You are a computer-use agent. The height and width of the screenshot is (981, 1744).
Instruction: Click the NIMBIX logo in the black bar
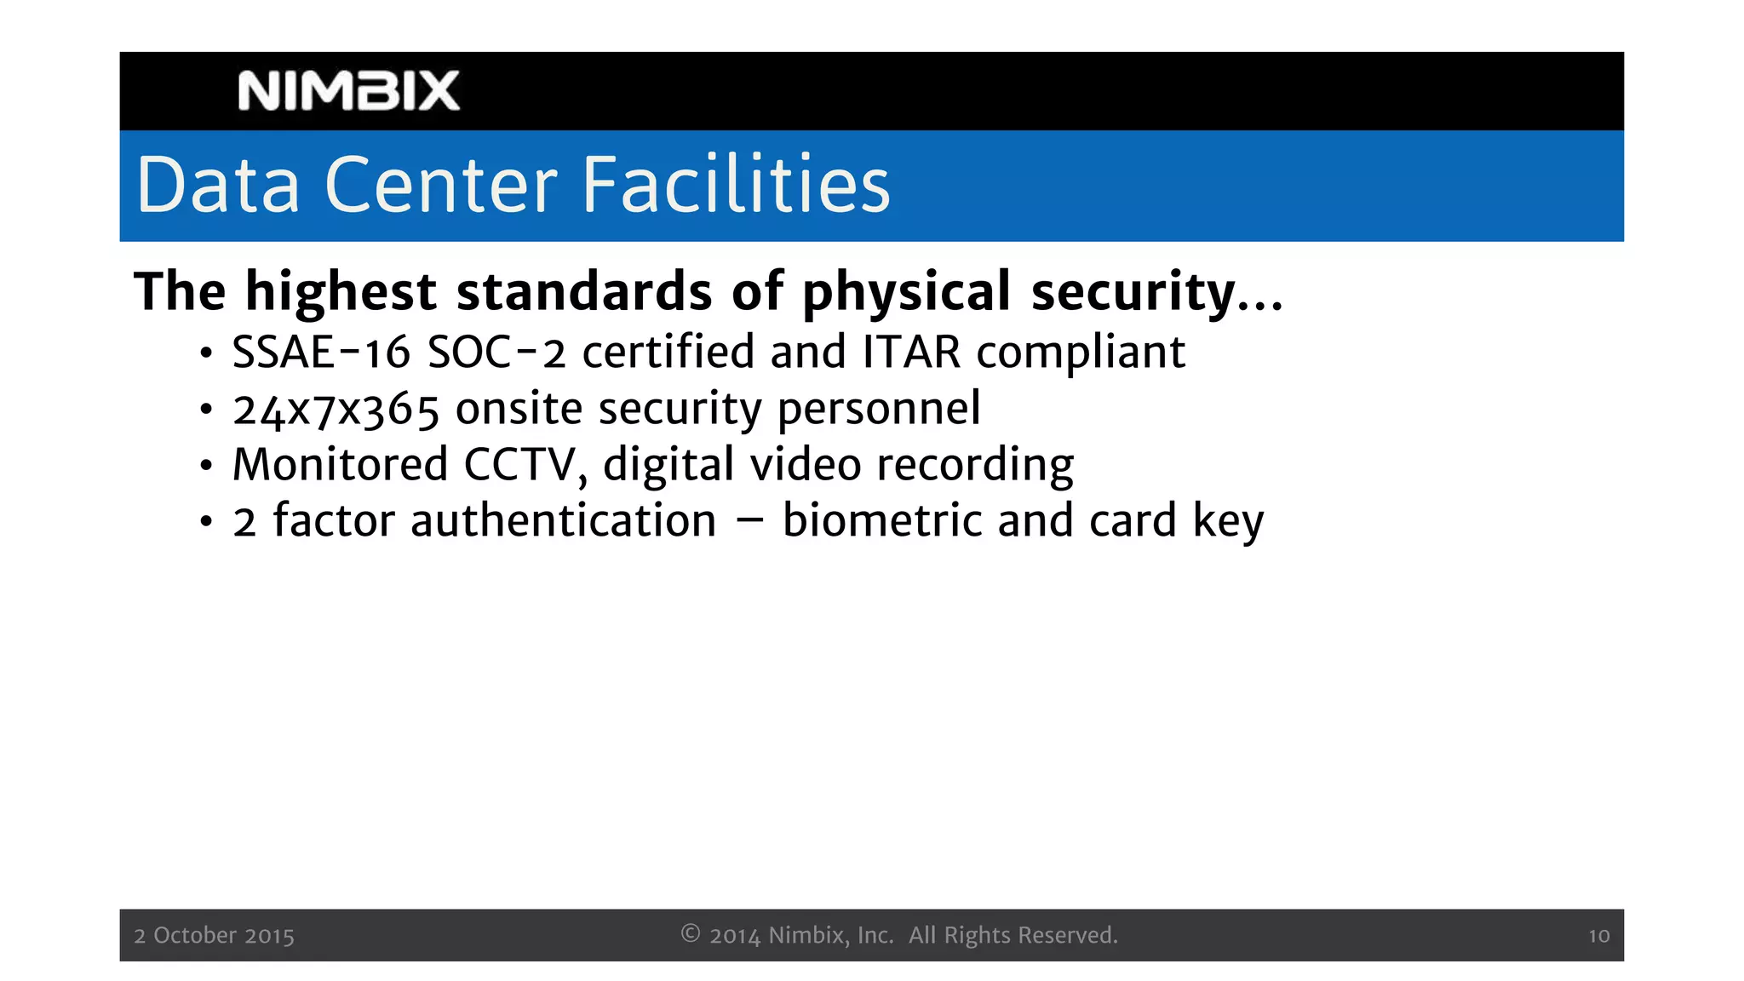[x=348, y=91]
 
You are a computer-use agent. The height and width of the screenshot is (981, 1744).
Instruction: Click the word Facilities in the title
[x=736, y=185]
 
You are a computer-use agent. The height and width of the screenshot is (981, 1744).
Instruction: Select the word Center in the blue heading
[x=441, y=185]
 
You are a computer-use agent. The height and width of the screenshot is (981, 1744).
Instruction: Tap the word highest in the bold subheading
[x=341, y=291]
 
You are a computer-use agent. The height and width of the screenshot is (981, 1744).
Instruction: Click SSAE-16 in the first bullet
[x=321, y=352]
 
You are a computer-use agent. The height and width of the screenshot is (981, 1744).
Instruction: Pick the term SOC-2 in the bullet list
[x=496, y=352]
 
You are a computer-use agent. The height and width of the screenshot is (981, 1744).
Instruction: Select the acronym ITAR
[x=911, y=352]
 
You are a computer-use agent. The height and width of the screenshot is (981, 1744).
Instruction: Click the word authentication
[x=563, y=521]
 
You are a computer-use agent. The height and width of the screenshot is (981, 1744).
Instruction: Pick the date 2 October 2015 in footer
[x=214, y=936]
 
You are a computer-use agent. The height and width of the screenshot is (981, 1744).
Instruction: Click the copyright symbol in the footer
[x=691, y=934]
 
